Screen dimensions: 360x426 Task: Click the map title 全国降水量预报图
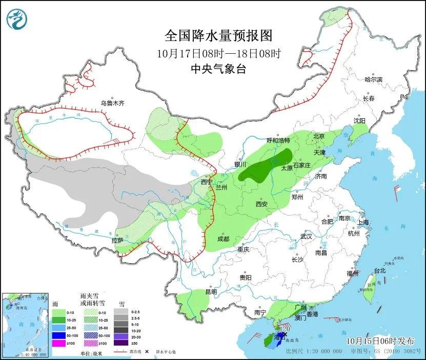(218, 36)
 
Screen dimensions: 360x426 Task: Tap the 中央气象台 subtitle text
(218, 69)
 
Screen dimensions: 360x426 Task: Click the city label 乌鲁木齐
(112, 103)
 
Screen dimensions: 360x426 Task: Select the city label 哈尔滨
(373, 79)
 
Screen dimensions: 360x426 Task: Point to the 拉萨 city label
(117, 240)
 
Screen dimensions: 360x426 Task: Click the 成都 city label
(223, 239)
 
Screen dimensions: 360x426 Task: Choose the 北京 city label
(319, 136)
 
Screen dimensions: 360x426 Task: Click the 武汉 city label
(306, 237)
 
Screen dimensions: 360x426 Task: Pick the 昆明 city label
(211, 292)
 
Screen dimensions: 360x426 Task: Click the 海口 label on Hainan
(279, 338)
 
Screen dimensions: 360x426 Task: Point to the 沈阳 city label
(359, 121)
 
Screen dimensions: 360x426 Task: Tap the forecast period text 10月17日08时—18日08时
(218, 53)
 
